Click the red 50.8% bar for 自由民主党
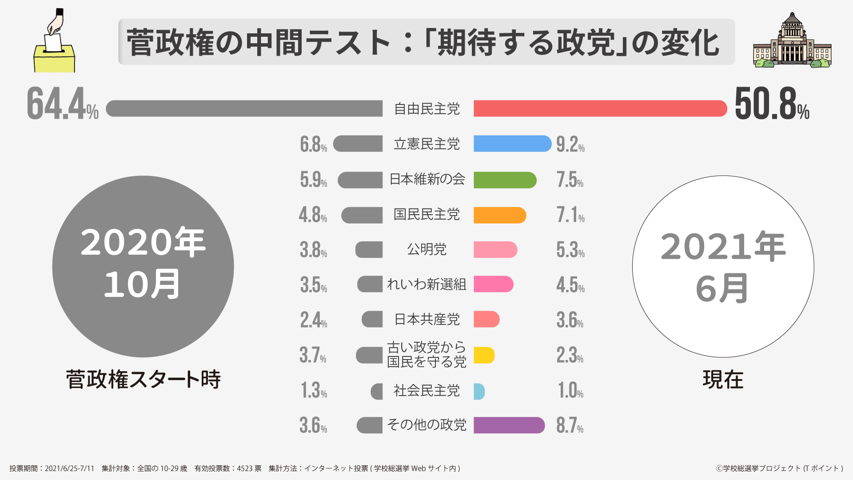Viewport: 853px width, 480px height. click(x=600, y=108)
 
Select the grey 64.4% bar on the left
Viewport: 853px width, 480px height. click(x=244, y=108)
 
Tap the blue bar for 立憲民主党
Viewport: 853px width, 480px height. click(x=512, y=144)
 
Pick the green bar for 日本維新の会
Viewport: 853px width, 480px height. click(x=505, y=180)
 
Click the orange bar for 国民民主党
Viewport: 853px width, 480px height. click(x=499, y=215)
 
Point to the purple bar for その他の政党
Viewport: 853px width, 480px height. click(x=509, y=425)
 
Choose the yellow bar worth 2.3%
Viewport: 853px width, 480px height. click(x=484, y=355)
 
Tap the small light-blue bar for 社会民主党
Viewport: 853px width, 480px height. click(x=479, y=391)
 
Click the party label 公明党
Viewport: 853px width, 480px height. click(x=426, y=249)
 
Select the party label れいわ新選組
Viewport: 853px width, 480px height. click(x=426, y=284)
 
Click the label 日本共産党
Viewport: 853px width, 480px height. click(x=426, y=320)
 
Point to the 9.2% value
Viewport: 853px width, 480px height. click(x=570, y=144)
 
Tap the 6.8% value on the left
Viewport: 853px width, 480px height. click(x=313, y=144)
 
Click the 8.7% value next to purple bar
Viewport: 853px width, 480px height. click(x=570, y=425)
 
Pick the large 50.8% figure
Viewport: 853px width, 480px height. click(x=772, y=104)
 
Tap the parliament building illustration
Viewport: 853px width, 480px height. click(x=792, y=42)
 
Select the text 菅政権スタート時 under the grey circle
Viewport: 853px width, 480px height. click(x=143, y=380)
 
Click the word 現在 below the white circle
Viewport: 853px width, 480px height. click(x=723, y=380)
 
